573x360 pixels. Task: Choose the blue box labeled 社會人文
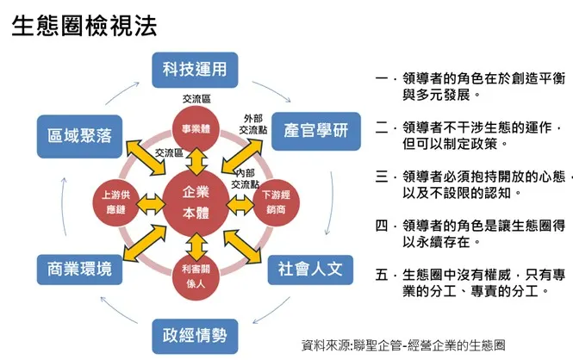(x=309, y=268)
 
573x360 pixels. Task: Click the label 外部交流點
(x=253, y=123)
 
